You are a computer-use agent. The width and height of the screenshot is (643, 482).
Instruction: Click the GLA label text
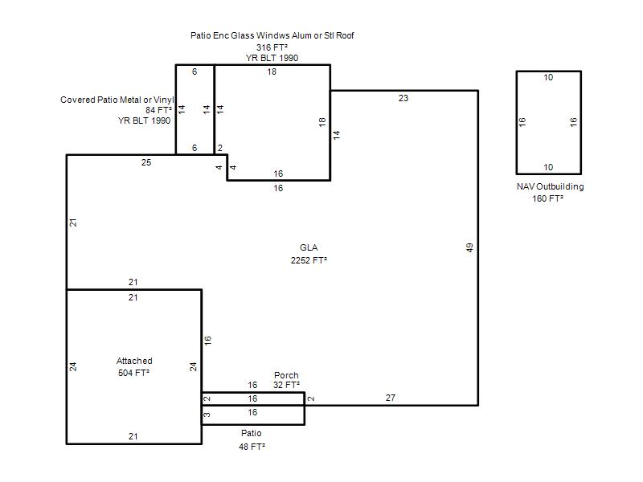(x=309, y=247)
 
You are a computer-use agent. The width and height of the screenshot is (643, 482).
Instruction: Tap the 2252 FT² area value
(x=309, y=260)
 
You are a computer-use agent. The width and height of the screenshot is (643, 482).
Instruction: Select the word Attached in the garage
(x=134, y=361)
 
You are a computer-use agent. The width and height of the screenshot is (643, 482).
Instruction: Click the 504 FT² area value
(x=133, y=373)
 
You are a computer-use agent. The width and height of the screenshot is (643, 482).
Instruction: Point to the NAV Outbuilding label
(x=550, y=186)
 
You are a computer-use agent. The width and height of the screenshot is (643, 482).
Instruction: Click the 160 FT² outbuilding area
(x=547, y=198)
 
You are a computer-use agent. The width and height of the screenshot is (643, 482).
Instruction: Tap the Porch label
(x=286, y=375)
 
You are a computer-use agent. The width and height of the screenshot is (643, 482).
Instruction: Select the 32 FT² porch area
(x=286, y=385)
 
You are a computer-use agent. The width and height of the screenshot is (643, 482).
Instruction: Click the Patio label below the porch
(x=251, y=433)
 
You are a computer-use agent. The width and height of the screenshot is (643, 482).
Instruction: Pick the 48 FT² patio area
(x=252, y=447)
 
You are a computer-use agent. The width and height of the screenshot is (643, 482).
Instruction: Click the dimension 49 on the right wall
(x=469, y=247)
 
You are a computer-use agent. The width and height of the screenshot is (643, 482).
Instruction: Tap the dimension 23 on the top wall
(x=403, y=98)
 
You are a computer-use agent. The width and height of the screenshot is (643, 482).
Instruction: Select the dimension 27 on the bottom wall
(x=391, y=398)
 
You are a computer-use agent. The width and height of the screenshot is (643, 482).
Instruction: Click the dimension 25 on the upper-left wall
(x=146, y=162)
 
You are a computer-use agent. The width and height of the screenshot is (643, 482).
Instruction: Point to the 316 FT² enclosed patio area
(x=272, y=47)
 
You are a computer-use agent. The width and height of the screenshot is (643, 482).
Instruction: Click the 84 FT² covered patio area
(x=158, y=110)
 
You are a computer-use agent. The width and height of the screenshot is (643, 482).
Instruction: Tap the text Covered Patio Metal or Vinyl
(x=117, y=100)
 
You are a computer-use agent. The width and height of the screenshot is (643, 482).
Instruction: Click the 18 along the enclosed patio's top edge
(x=272, y=71)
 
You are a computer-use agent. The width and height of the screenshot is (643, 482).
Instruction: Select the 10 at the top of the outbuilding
(x=548, y=77)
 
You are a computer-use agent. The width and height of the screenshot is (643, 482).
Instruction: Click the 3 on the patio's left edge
(x=207, y=415)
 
